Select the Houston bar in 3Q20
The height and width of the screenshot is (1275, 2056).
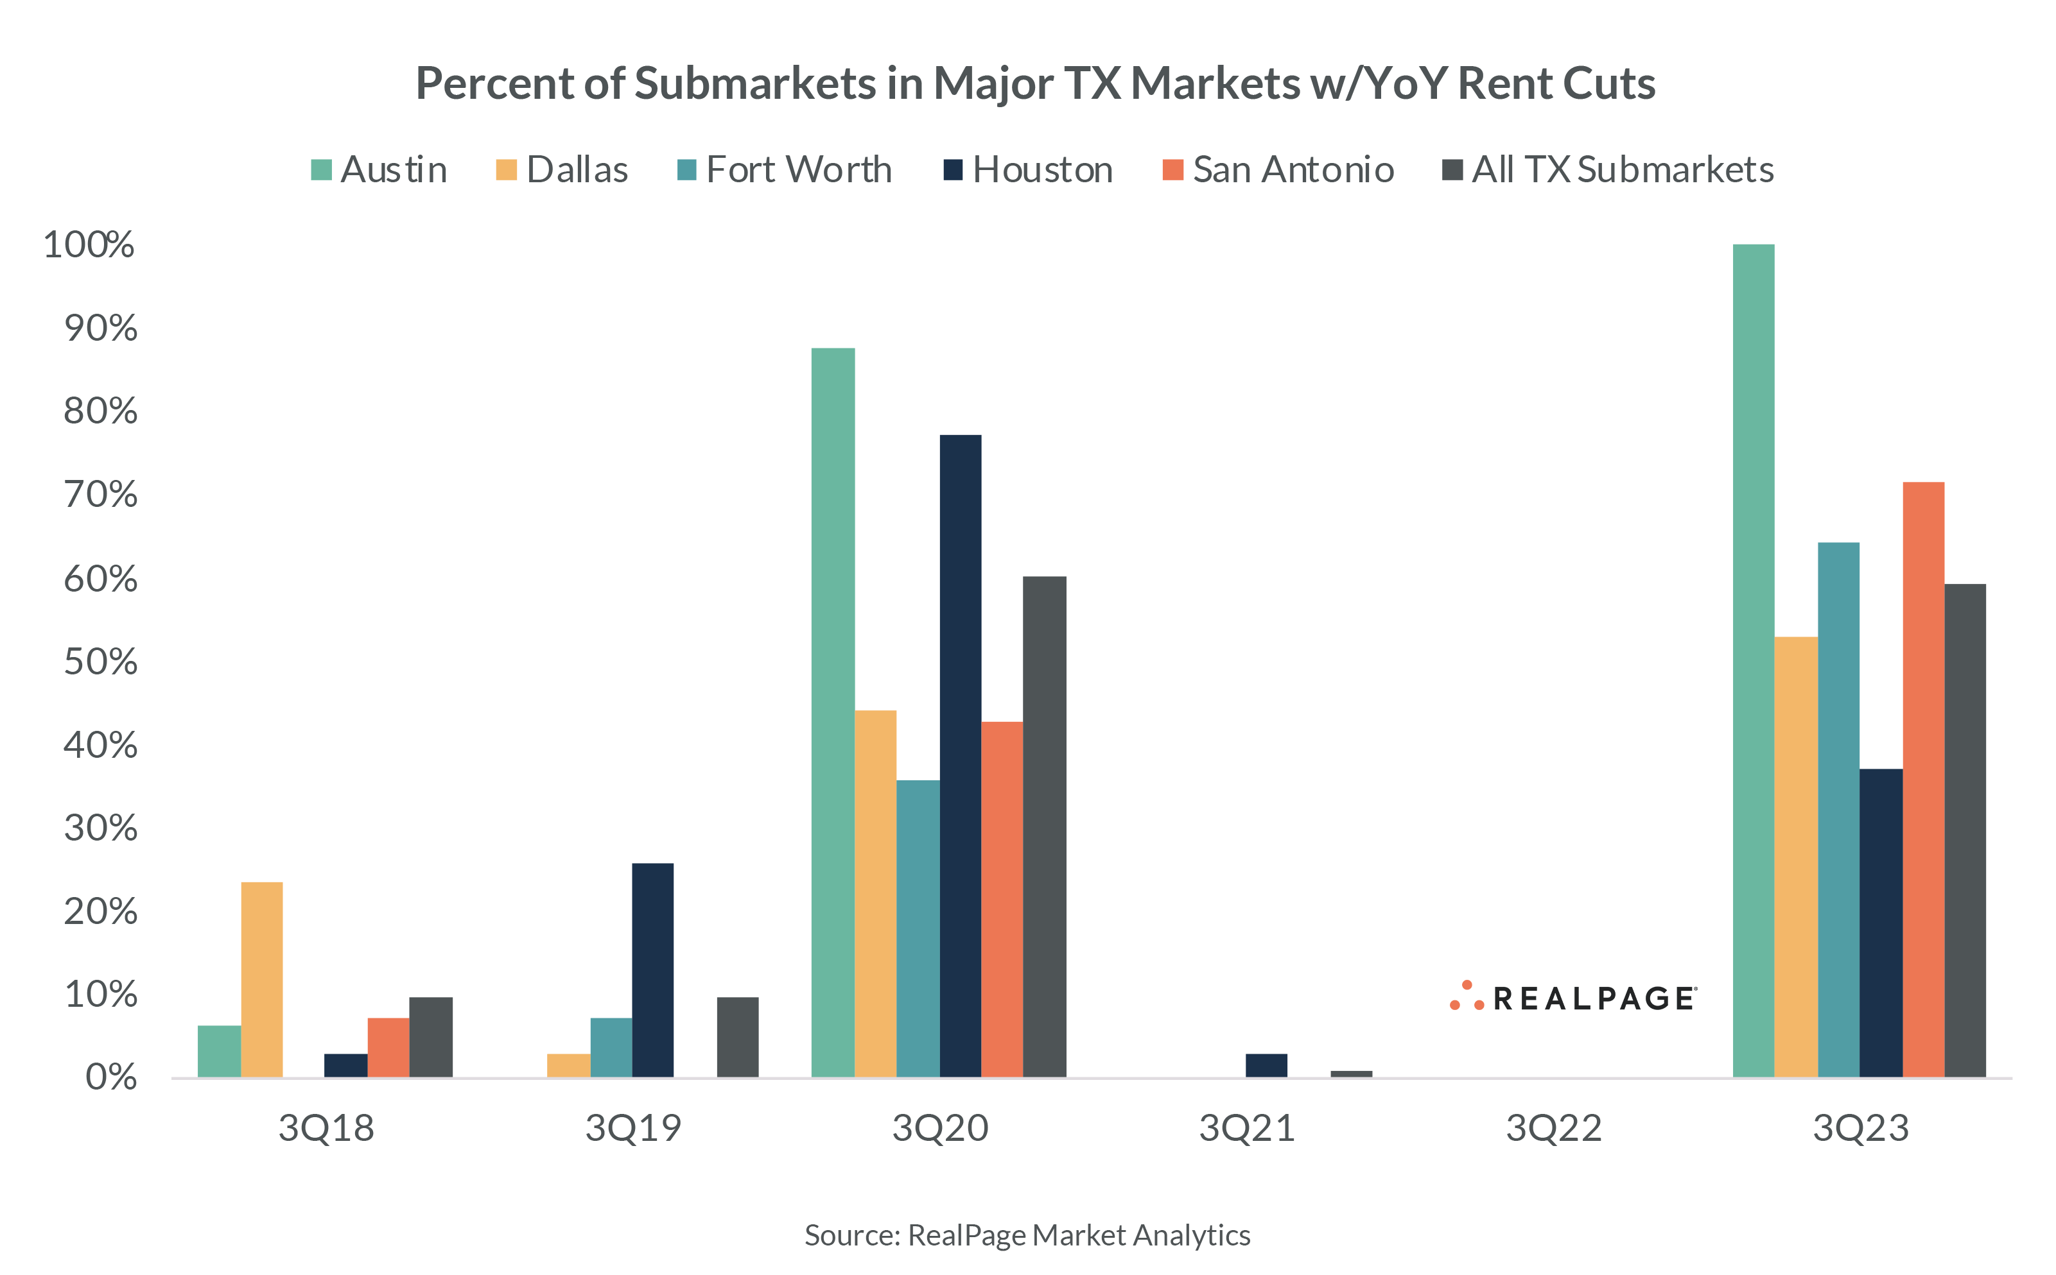click(x=960, y=755)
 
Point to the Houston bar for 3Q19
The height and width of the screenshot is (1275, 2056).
click(x=653, y=970)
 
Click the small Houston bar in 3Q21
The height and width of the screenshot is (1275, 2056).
click(x=1266, y=1065)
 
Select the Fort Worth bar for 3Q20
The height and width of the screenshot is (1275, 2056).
click(x=918, y=928)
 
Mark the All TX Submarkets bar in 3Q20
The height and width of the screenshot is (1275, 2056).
click(x=1045, y=826)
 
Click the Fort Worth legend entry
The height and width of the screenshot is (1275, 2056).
click(x=785, y=169)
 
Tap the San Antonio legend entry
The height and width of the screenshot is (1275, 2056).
click(x=1278, y=169)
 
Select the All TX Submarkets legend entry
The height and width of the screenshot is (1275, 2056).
click(x=1608, y=169)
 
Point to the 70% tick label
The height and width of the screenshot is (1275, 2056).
click(x=100, y=495)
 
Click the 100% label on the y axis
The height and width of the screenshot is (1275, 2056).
click(x=89, y=244)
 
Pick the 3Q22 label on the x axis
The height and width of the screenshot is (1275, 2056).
click(x=1553, y=1128)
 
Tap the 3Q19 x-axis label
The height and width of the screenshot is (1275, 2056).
click(x=632, y=1128)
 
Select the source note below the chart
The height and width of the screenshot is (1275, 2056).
click(x=1027, y=1235)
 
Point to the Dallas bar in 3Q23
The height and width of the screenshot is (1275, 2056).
click(x=1796, y=857)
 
